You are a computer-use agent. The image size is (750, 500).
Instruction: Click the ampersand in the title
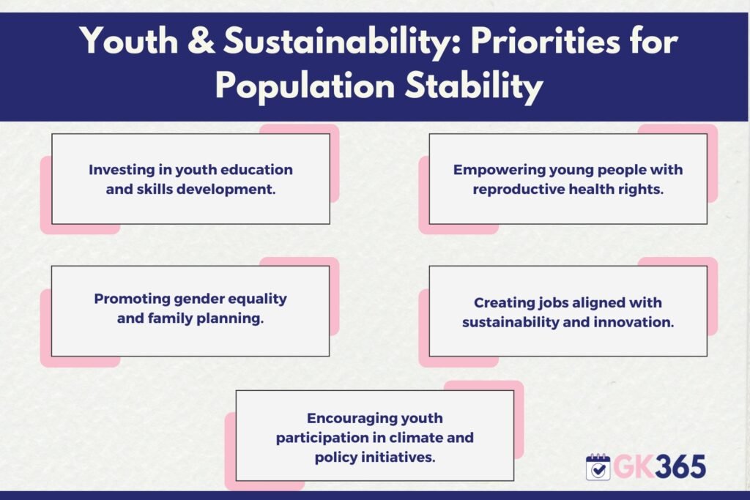point(201,41)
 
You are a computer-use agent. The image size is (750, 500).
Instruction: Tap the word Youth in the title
point(129,41)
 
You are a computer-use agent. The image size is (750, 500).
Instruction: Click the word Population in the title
point(305,86)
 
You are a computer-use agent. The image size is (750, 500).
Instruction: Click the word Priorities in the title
point(545,41)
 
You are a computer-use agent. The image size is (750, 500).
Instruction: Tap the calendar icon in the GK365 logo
point(598,467)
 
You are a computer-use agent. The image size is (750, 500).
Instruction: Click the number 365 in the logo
point(680,466)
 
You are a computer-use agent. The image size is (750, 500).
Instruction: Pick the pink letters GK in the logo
point(634,466)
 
